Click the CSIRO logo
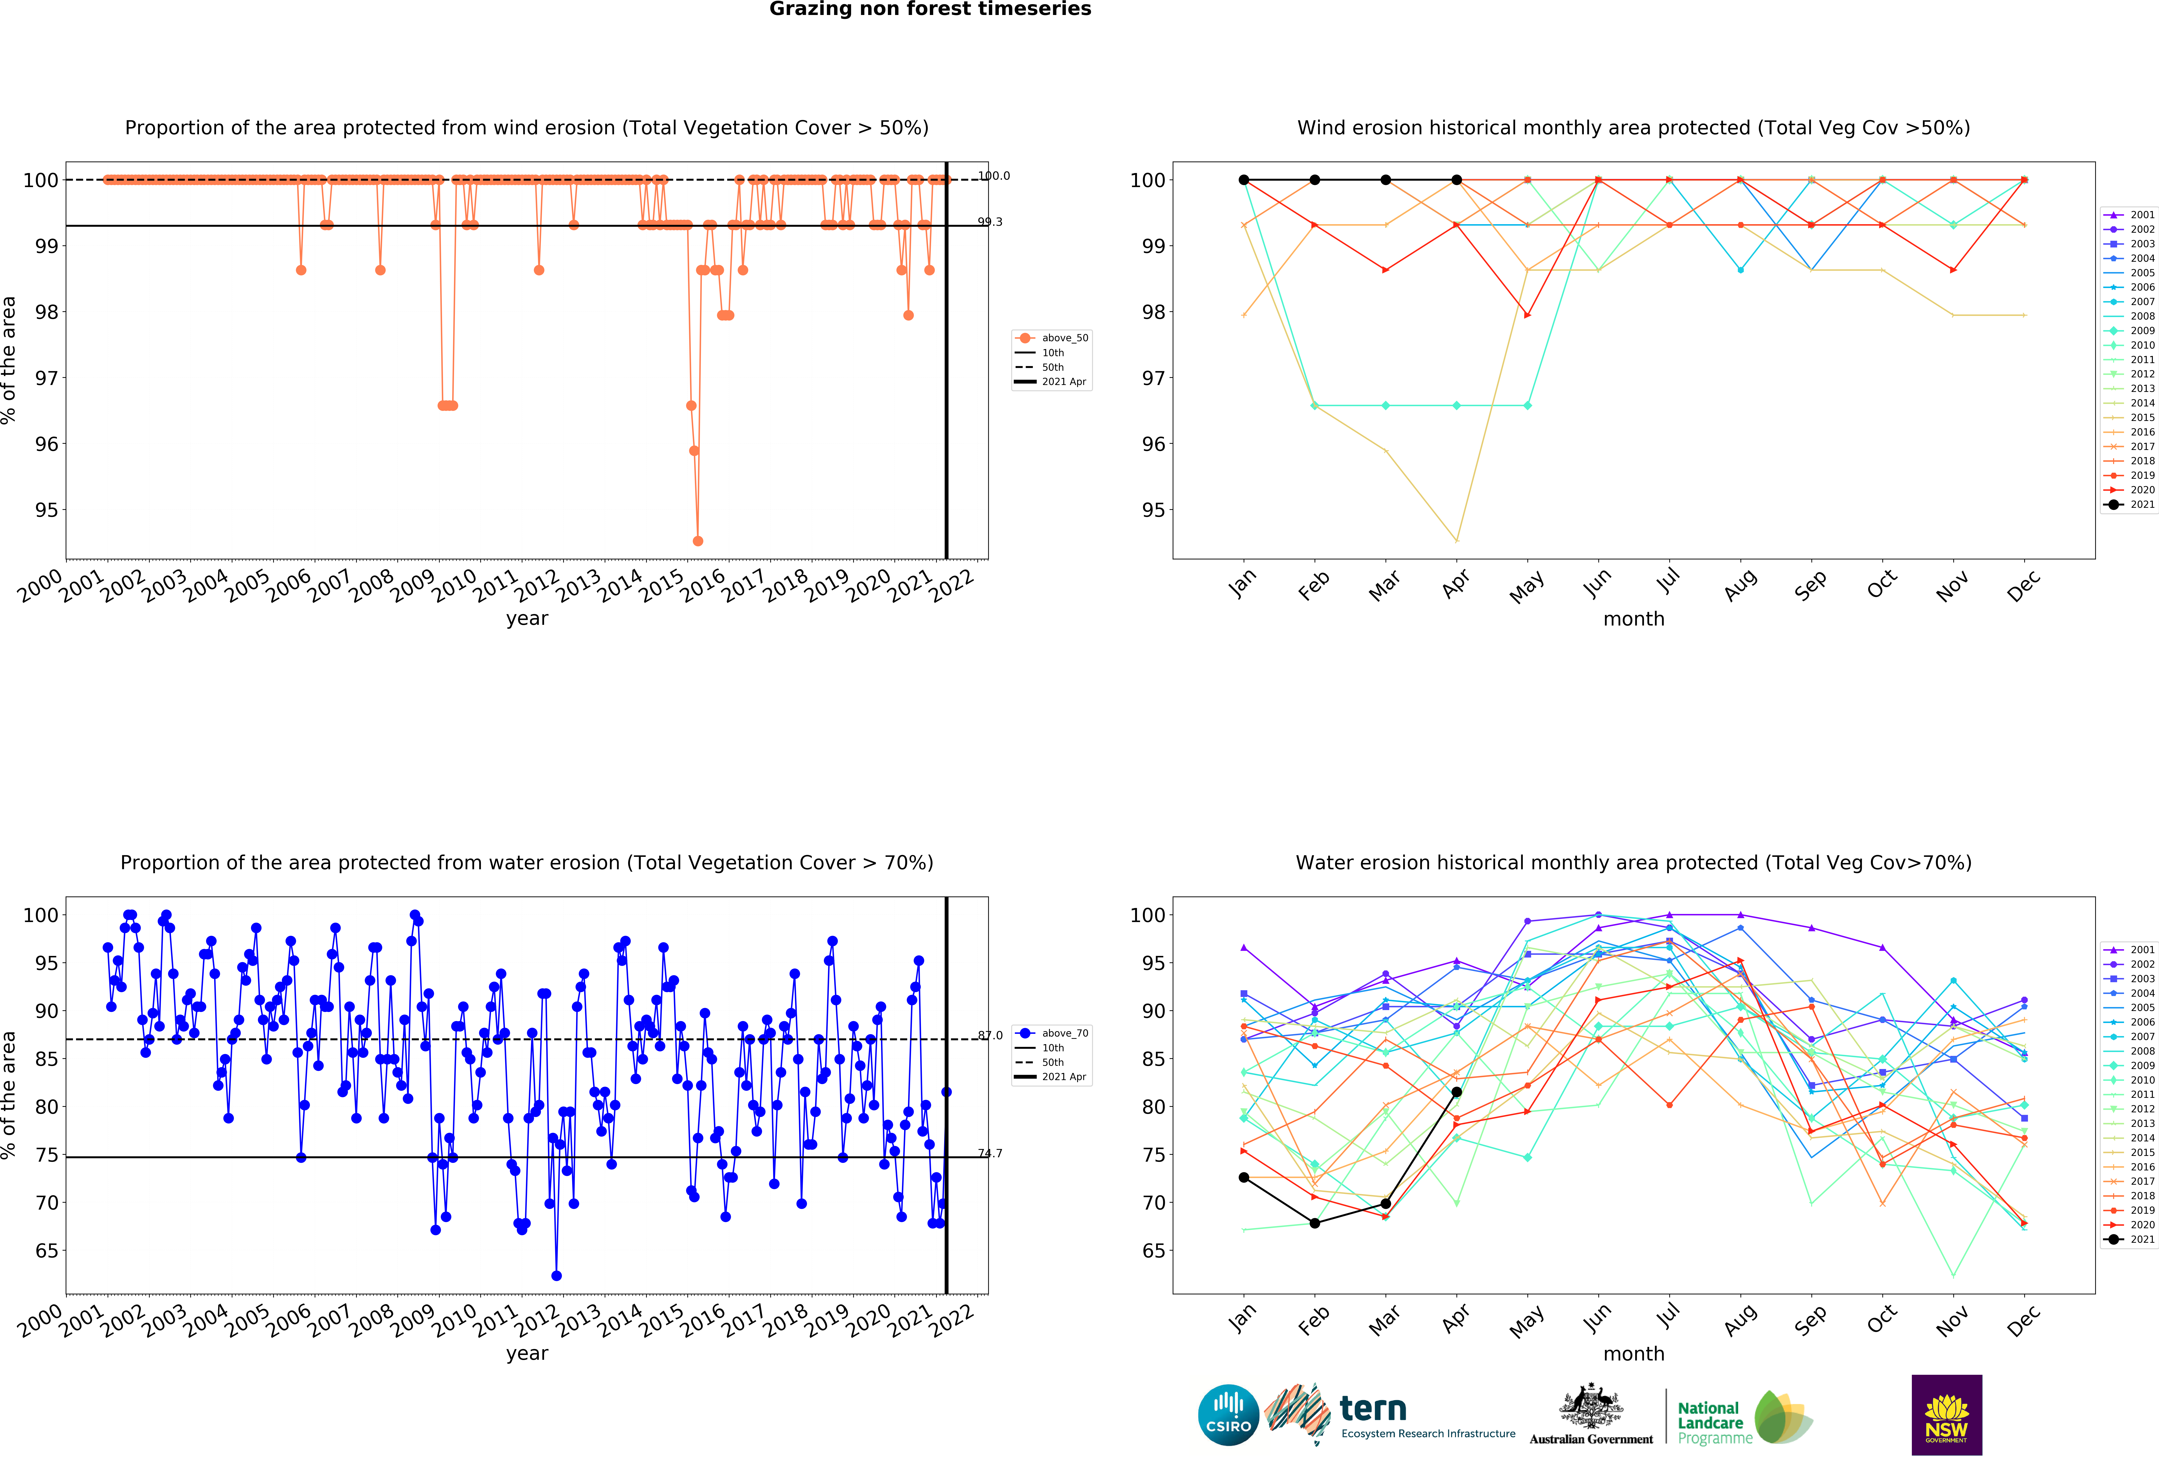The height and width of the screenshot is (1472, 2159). (1228, 1414)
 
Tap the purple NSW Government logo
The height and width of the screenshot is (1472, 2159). (1946, 1414)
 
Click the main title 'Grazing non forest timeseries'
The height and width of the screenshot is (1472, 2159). (930, 9)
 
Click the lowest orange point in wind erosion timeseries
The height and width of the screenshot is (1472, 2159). (698, 541)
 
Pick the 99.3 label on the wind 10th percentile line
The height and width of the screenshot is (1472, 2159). (989, 222)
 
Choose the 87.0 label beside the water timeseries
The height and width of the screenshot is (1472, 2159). (989, 1035)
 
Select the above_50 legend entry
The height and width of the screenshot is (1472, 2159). (1053, 338)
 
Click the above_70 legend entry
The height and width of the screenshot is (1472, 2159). (1053, 1033)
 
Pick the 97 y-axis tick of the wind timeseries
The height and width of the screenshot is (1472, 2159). (47, 378)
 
